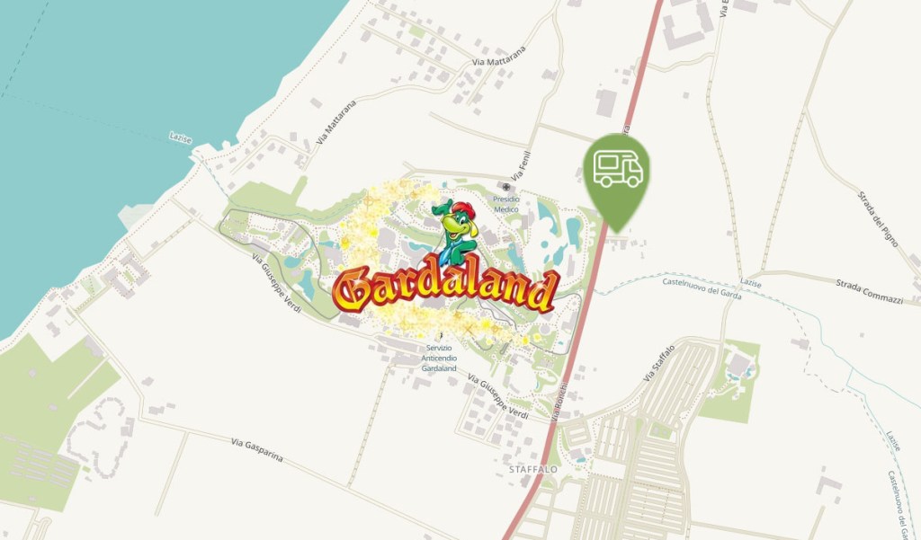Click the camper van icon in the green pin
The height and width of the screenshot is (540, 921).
(x=618, y=169)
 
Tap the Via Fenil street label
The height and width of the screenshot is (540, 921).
(x=517, y=163)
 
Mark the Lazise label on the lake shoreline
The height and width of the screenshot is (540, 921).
(x=181, y=137)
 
